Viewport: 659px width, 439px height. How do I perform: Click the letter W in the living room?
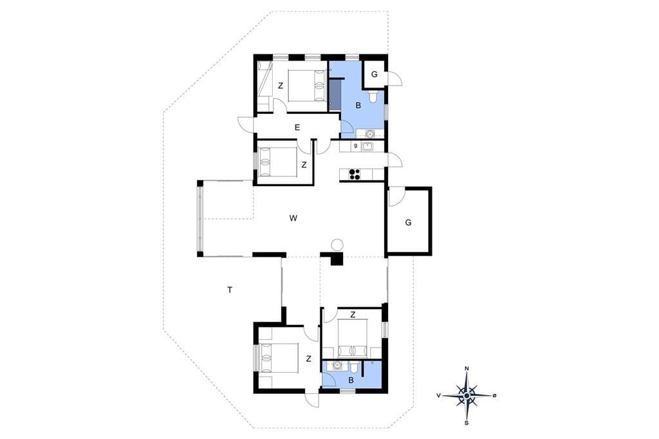(x=293, y=218)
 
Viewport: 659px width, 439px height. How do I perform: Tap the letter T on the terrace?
(x=230, y=290)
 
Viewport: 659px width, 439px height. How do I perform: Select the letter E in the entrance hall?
(x=297, y=127)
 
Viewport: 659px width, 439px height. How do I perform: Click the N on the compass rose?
(x=467, y=369)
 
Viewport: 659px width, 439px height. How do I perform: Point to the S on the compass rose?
(x=467, y=423)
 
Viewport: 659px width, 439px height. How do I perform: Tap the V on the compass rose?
(x=439, y=395)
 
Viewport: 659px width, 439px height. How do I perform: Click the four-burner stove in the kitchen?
(x=355, y=174)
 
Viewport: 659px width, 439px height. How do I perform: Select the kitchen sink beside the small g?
(x=367, y=146)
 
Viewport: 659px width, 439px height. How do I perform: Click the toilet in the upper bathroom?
(x=373, y=96)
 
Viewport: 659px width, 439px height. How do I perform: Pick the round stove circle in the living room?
(x=337, y=245)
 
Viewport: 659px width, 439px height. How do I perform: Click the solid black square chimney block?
(x=337, y=259)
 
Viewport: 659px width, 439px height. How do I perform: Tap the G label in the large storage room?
(x=408, y=223)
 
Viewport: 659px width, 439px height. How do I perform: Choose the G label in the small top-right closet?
(x=375, y=75)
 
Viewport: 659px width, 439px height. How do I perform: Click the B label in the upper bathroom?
(x=358, y=106)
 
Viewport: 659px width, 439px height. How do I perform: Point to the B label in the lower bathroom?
(x=351, y=380)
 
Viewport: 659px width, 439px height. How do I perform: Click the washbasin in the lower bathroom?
(x=336, y=366)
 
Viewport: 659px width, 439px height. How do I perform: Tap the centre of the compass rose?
(x=467, y=396)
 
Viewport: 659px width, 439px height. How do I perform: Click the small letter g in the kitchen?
(x=356, y=146)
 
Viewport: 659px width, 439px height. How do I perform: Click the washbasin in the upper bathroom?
(x=369, y=134)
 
